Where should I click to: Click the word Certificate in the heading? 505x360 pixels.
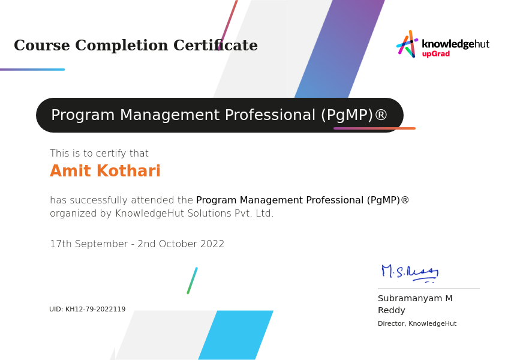(x=215, y=45)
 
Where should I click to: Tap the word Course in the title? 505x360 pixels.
(x=42, y=45)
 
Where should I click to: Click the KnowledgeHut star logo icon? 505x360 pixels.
(x=407, y=44)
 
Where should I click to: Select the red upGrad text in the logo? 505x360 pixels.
(x=436, y=54)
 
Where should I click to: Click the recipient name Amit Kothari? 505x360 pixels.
(x=105, y=171)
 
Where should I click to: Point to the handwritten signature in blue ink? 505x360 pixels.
(x=410, y=274)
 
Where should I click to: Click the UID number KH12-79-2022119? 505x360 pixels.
(x=95, y=309)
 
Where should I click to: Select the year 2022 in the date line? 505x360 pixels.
(x=212, y=244)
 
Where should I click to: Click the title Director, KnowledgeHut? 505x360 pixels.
(x=417, y=323)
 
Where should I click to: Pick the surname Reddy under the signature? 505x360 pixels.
(x=391, y=310)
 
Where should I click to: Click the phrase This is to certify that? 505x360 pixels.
(x=99, y=154)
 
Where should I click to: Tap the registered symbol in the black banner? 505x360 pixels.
(x=381, y=115)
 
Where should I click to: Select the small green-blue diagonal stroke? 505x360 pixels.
(x=193, y=280)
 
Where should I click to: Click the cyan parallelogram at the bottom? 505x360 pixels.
(x=236, y=335)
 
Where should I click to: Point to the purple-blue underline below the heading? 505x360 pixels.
(x=32, y=69)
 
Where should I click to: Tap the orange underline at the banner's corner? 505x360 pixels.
(x=375, y=128)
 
